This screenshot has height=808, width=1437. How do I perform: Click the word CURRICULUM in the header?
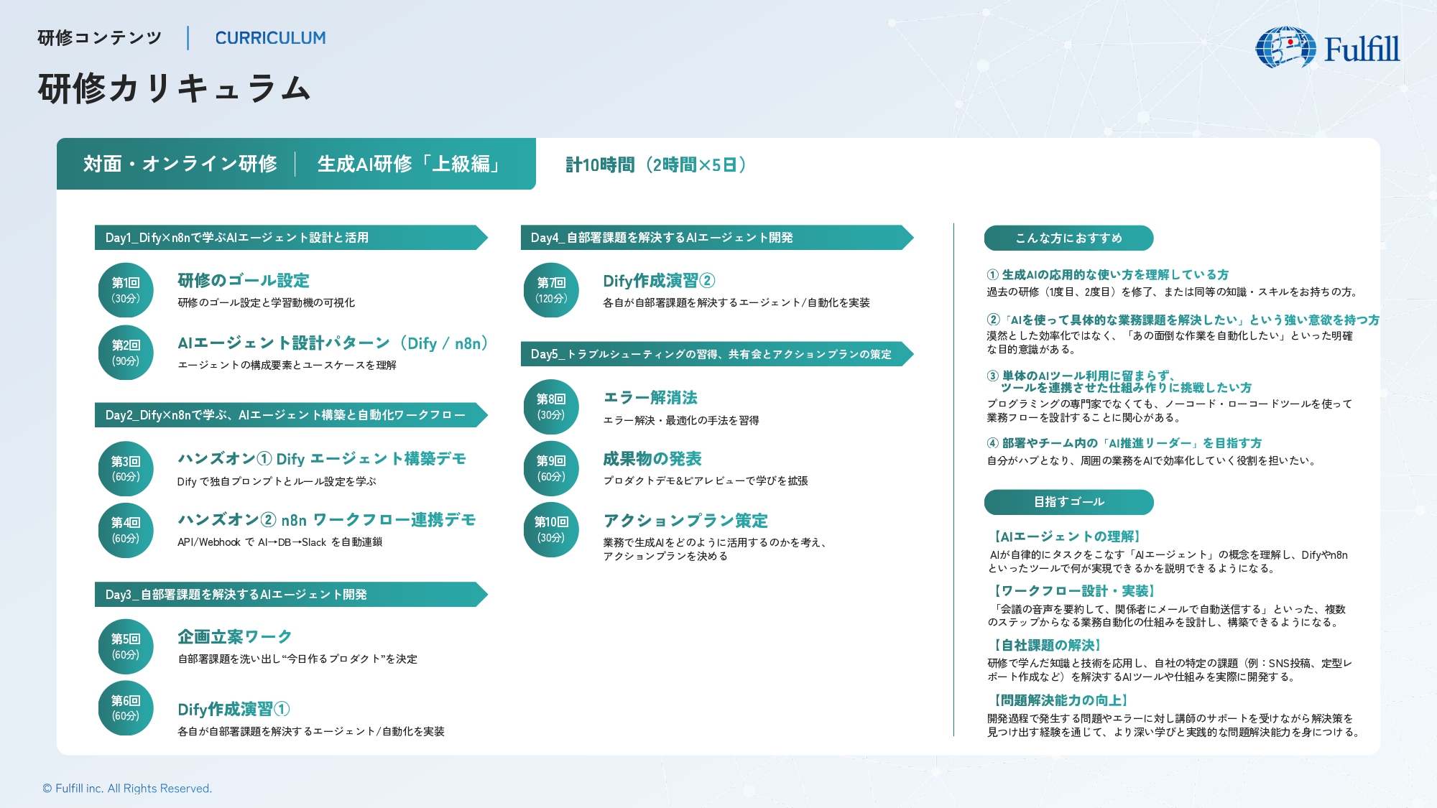click(x=270, y=38)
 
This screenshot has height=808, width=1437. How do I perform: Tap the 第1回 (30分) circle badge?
click(x=126, y=290)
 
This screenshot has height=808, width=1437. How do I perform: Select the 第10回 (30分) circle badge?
click(x=551, y=530)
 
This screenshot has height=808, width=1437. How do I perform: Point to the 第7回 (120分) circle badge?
click(x=551, y=290)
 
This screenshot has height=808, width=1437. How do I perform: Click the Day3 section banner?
click(x=291, y=595)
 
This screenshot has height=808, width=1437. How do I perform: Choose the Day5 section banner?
click(x=717, y=354)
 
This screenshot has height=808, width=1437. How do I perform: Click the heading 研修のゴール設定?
click(x=244, y=280)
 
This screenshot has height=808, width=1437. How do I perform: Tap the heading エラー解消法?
click(x=650, y=398)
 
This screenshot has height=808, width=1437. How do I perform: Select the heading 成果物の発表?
click(x=652, y=459)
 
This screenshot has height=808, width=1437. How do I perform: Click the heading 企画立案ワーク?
click(x=235, y=637)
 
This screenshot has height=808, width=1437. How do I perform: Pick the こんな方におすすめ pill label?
click(x=1068, y=238)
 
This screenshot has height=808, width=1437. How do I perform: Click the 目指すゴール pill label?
click(x=1068, y=502)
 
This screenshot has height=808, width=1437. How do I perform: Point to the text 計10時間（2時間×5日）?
click(x=656, y=165)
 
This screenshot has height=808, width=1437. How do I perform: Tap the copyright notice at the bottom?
click(x=127, y=789)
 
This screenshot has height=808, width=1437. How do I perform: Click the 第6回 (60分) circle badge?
click(x=126, y=708)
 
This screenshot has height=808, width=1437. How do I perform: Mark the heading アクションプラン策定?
click(x=685, y=521)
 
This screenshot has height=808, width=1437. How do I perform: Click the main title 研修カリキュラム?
click(x=175, y=89)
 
